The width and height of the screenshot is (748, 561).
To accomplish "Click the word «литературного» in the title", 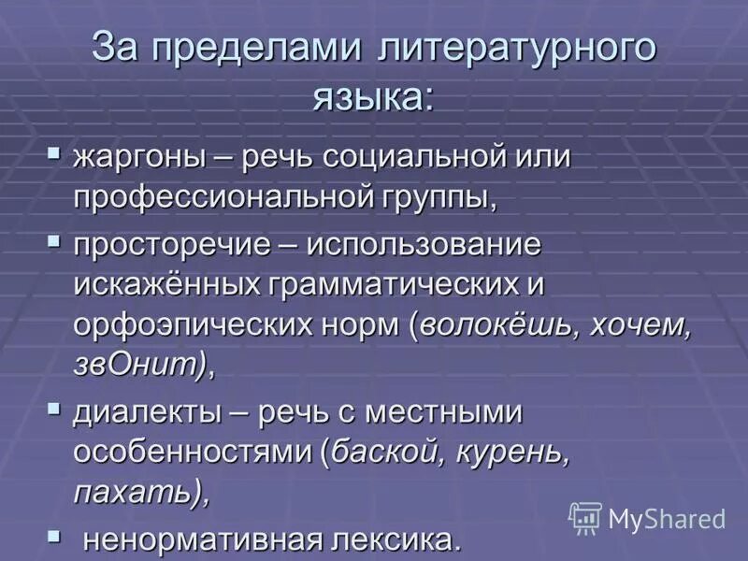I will coord(516,49).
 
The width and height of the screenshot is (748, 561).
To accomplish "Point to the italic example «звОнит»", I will coord(135,364).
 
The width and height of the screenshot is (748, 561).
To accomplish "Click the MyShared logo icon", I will coord(585,518).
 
